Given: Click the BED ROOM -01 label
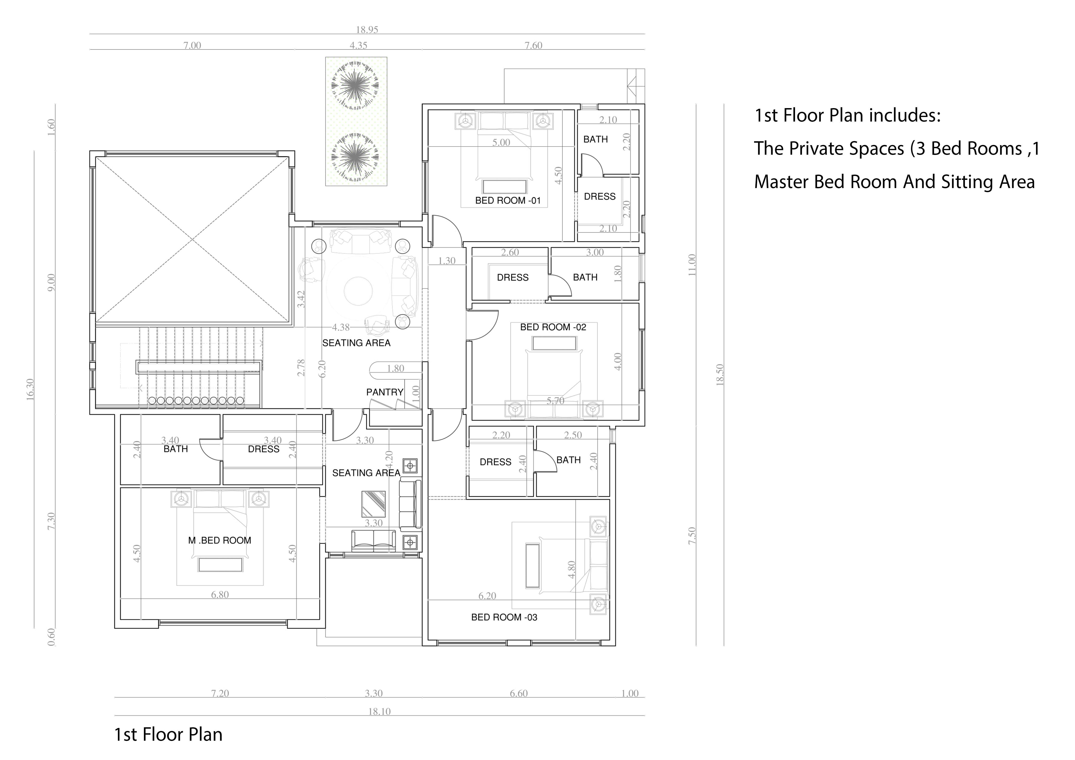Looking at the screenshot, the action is click(508, 201).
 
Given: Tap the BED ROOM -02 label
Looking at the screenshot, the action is click(553, 327).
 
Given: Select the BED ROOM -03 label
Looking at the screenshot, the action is click(504, 617).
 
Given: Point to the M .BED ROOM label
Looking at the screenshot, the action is click(220, 541).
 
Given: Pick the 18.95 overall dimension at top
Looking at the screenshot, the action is click(367, 29).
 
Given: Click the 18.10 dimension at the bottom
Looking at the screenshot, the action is click(379, 711).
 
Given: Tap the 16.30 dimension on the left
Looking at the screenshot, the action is click(30, 389).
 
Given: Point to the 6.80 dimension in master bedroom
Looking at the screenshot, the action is click(220, 595).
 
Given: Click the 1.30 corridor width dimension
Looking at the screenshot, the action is click(447, 261).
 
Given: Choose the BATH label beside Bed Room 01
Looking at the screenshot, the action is click(595, 140).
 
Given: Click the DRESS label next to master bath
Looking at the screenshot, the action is click(263, 449).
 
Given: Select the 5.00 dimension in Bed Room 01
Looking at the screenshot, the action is click(501, 142).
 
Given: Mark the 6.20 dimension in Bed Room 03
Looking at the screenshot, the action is click(487, 596).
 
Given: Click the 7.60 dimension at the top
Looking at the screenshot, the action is click(533, 45).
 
